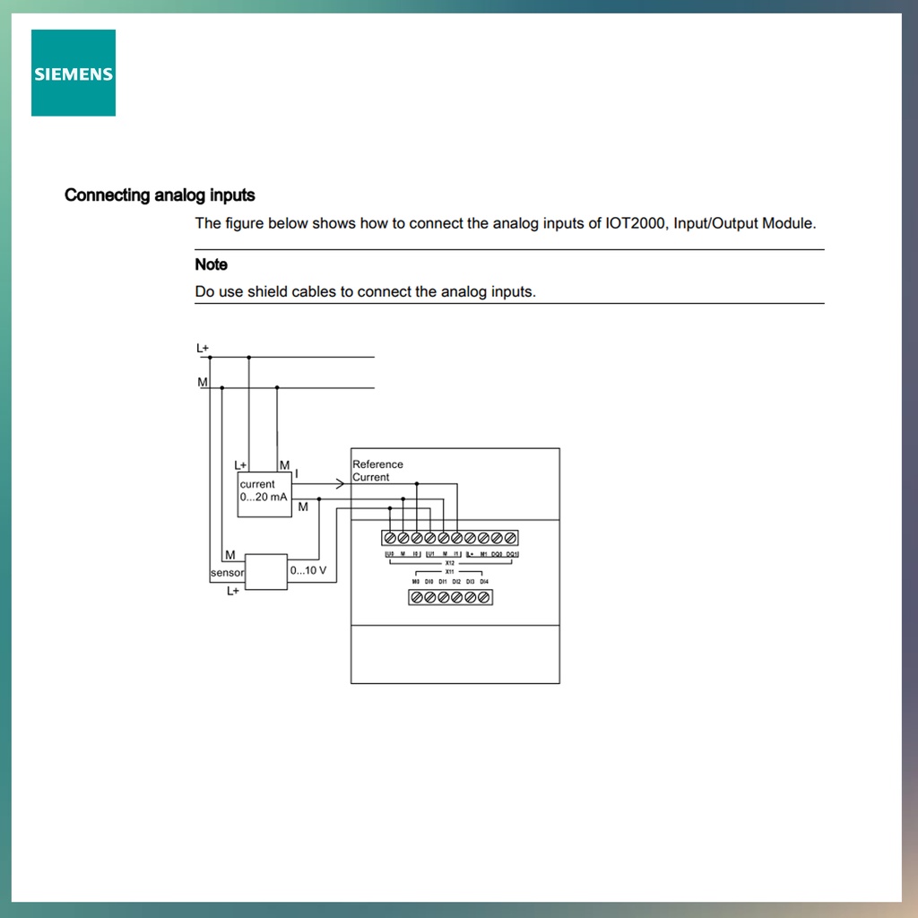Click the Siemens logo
pos(74,73)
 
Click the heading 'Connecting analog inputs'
pos(160,195)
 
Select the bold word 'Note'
pos(211,264)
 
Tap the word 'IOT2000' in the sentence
pos(636,223)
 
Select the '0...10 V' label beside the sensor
pos(307,570)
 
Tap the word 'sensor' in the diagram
pos(227,573)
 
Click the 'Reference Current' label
pos(377,471)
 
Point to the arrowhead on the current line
pos(340,484)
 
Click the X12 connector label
pos(450,563)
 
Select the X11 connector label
pos(450,571)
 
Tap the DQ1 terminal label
pos(512,555)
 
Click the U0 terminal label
pos(389,555)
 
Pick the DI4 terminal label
pos(484,582)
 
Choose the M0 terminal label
pos(416,582)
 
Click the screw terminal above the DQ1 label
pos(511,538)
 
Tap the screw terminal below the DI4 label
pos(484,597)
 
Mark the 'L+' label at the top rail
pos(203,347)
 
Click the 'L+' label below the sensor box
pos(233,592)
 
